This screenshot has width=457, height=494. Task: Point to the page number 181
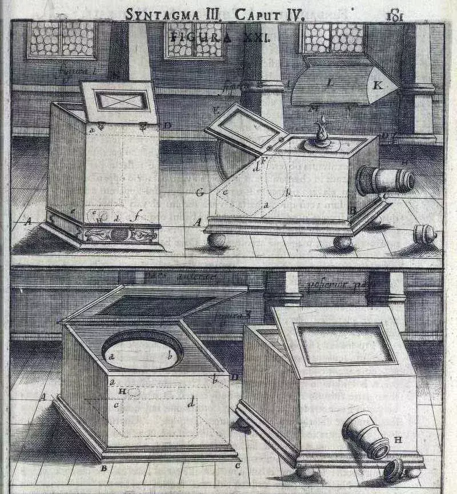[x=395, y=14]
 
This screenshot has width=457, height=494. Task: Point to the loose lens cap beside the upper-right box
[x=425, y=234]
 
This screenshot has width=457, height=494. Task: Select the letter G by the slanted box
[x=199, y=194]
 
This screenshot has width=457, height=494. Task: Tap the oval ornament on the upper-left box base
[x=119, y=234]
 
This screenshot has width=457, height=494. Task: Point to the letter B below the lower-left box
[x=104, y=469]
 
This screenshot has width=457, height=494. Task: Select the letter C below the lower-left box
[x=236, y=465]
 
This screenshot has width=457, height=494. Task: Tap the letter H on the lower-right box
[x=397, y=440]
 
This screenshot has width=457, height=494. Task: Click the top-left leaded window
[x=61, y=39]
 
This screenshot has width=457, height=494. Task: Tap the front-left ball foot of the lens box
[x=217, y=240]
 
